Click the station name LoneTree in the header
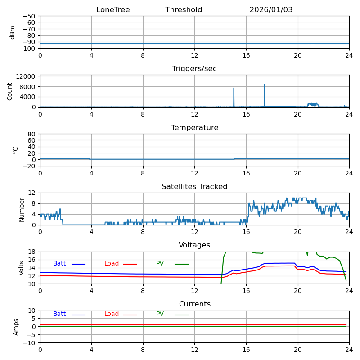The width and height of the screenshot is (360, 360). click(113, 10)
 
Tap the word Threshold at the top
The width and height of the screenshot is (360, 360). click(184, 10)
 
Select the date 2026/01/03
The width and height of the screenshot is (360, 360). click(271, 10)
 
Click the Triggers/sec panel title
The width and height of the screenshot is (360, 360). click(194, 69)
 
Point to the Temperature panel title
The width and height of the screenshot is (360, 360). click(194, 128)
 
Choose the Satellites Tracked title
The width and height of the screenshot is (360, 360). click(194, 187)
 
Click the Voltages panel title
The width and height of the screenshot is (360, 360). click(194, 245)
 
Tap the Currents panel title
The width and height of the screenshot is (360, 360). click(194, 304)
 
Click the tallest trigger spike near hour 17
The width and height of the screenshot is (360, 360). click(265, 85)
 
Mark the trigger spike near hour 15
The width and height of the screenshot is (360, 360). click(234, 88)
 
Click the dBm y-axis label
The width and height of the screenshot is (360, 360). click(13, 32)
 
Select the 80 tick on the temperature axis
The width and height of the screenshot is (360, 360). click(31, 134)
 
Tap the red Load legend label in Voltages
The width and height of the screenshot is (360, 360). click(112, 264)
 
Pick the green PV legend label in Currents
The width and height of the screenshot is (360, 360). click(160, 314)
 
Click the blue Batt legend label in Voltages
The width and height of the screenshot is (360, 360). click(59, 264)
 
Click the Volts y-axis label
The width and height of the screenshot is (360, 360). click(22, 268)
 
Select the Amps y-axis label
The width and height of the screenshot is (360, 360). click(17, 327)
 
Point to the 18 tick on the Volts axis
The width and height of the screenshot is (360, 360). click(32, 252)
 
